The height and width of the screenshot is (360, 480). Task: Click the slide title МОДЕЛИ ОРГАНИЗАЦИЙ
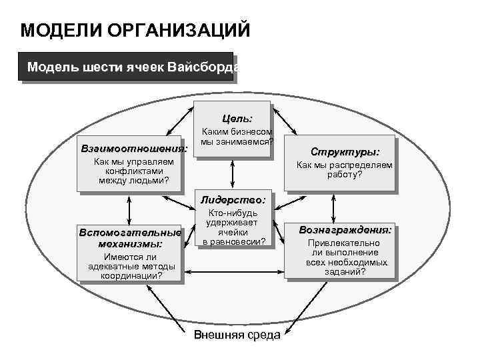(135, 31)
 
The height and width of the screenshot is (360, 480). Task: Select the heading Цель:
(232, 118)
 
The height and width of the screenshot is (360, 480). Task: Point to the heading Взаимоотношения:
(133, 147)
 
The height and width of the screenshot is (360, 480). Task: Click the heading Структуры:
(345, 152)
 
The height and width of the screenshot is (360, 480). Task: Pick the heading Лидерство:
(233, 199)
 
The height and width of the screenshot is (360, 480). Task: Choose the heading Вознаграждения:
(345, 229)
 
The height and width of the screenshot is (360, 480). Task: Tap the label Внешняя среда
(237, 335)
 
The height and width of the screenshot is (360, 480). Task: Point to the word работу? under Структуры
(345, 175)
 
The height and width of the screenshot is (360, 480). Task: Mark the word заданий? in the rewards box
(345, 272)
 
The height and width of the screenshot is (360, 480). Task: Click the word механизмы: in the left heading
(129, 244)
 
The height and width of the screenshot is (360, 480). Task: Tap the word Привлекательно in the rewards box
(345, 243)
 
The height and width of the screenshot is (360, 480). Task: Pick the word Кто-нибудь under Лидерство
(233, 213)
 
